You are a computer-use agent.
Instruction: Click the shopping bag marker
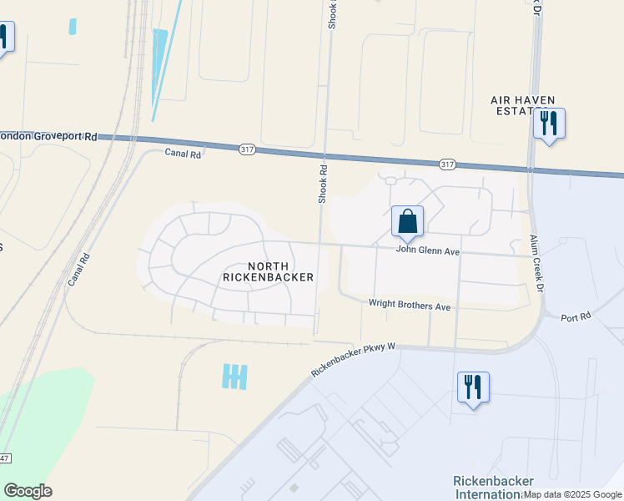click(x=407, y=222)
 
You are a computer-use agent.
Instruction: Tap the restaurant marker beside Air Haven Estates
click(x=549, y=124)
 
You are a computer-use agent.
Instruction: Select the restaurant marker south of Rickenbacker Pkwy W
click(x=473, y=387)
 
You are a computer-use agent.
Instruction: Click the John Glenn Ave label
click(x=428, y=250)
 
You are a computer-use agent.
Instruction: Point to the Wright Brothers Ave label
click(x=410, y=306)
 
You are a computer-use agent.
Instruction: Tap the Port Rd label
click(x=576, y=317)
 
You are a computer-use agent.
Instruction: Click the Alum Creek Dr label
click(x=537, y=263)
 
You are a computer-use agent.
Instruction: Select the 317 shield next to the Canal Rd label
click(x=246, y=149)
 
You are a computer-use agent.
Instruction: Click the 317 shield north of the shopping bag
click(x=447, y=164)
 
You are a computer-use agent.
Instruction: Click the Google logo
click(x=28, y=490)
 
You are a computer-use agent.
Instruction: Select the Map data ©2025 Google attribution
click(x=572, y=494)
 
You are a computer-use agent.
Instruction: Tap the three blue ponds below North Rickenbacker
click(x=235, y=377)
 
